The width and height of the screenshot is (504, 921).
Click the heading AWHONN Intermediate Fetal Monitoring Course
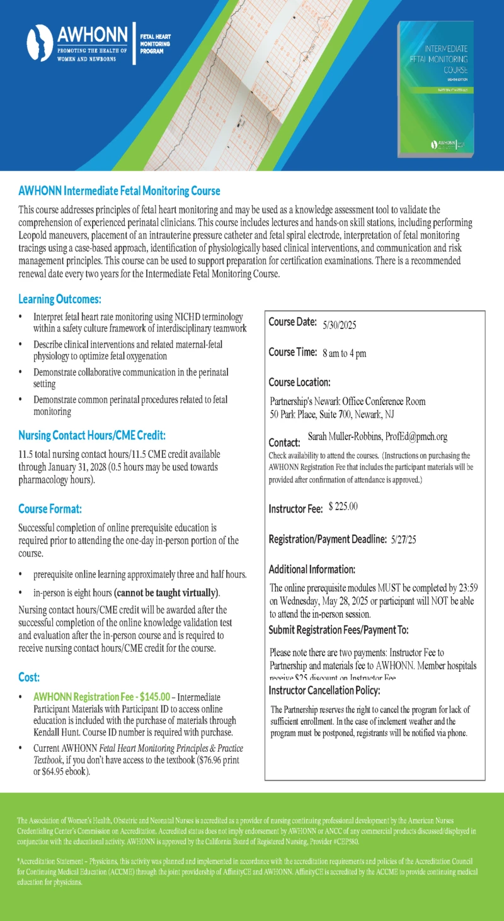(119, 190)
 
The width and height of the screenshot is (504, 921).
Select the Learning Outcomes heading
(60, 299)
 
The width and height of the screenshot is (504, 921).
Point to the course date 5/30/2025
(340, 325)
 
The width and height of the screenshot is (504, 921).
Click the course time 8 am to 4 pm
(344, 354)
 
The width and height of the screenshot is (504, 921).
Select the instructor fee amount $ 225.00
(343, 507)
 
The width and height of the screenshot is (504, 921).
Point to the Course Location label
(299, 382)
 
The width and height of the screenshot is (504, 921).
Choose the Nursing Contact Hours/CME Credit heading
(92, 435)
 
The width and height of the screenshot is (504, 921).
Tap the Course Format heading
(50, 508)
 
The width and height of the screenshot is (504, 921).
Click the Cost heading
(29, 677)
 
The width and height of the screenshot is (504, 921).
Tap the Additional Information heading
(312, 569)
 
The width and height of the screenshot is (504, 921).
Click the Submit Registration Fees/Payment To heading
(338, 630)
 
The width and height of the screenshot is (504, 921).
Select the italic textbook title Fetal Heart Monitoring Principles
(178, 749)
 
